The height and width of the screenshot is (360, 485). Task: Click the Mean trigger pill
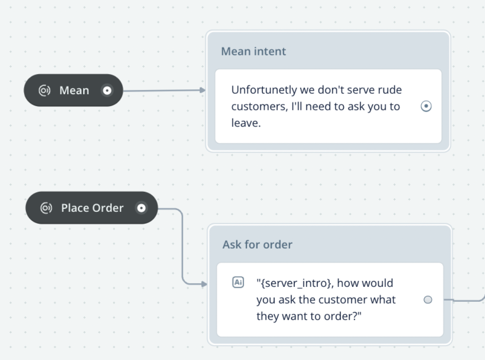tap(73, 90)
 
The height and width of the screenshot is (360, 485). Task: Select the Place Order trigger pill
tap(92, 208)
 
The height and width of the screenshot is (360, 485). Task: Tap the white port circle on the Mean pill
tap(107, 90)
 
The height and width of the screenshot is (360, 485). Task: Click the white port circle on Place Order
tap(141, 208)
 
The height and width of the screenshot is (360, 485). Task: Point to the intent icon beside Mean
tap(44, 90)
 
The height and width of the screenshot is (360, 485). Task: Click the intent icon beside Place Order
tap(46, 208)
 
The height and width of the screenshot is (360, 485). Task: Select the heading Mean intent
tap(253, 51)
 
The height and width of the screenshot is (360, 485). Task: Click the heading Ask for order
tap(257, 244)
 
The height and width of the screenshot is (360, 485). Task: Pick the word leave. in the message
tap(246, 123)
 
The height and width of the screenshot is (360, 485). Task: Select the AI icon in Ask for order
tap(238, 283)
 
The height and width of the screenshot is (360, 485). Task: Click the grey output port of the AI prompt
tap(428, 300)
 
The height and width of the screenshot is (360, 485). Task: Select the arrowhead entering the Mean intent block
tap(203, 90)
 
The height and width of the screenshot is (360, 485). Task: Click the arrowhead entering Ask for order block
tap(204, 283)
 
